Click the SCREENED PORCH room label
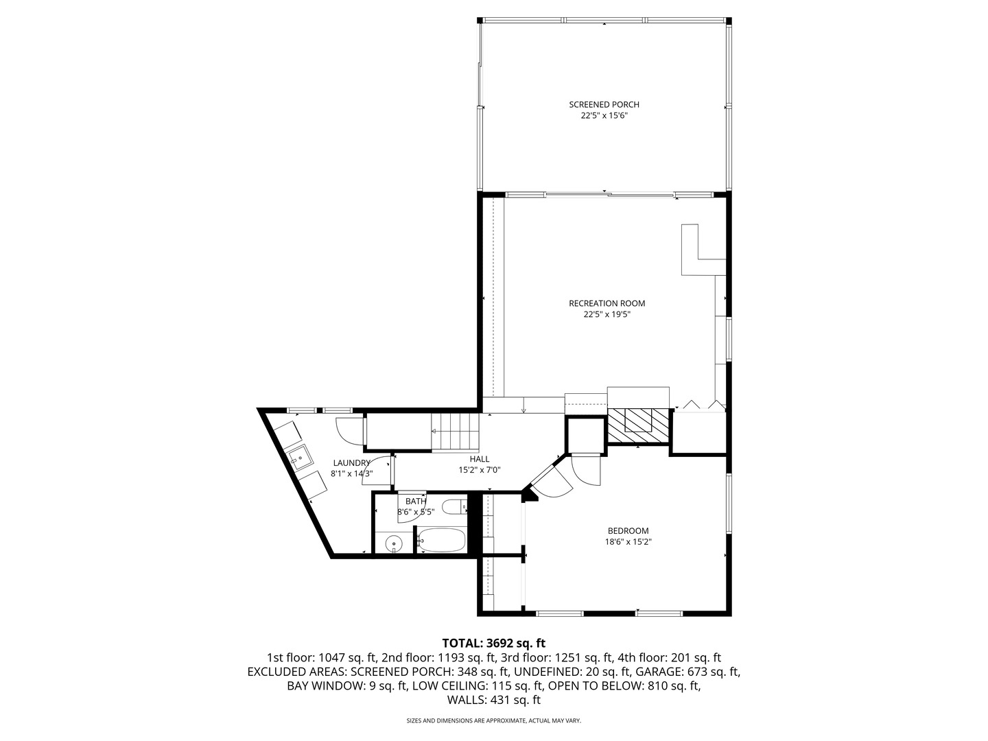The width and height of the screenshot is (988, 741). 604,104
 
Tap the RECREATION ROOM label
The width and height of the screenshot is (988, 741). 607,303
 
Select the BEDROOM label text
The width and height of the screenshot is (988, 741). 628,530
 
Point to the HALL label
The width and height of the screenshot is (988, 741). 480,459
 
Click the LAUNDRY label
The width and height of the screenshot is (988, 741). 351,463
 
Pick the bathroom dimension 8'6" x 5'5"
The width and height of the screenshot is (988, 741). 416,512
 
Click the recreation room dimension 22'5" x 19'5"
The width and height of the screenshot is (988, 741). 607,315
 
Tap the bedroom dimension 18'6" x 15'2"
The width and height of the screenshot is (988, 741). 628,541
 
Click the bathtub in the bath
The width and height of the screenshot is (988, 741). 442,540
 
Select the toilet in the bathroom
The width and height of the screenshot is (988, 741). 453,508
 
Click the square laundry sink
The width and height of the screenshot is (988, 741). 300,456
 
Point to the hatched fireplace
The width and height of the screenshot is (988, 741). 638,425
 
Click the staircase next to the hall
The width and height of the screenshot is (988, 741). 454,432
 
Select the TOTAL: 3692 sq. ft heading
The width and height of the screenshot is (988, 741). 493,644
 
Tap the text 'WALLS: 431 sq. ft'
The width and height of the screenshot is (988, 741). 493,701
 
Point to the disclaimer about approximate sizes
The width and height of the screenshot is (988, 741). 493,721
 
